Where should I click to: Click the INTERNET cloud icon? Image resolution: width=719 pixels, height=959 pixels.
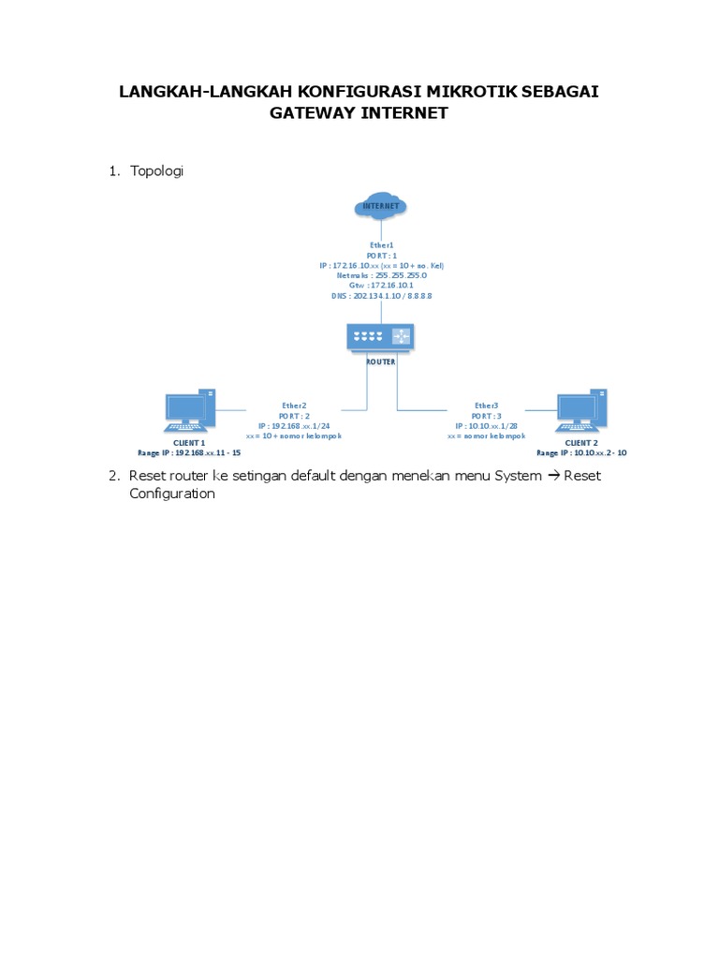point(381,206)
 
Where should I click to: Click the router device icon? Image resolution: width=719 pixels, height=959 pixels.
point(381,337)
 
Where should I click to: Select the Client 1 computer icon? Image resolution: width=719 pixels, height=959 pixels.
point(191,411)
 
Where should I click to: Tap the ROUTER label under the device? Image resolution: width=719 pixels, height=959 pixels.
point(381,360)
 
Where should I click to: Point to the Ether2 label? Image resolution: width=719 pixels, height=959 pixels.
point(293,406)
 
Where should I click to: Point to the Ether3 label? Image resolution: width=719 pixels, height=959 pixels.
point(486,406)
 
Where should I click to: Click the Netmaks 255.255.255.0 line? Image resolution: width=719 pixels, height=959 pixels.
point(381,275)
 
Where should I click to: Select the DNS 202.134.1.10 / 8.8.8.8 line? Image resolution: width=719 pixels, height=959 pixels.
point(381,295)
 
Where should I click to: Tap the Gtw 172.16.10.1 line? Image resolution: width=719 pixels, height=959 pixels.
point(381,286)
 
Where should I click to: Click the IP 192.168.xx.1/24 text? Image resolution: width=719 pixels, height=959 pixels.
point(293,425)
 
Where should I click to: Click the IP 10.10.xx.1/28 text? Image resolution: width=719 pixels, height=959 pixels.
point(486,425)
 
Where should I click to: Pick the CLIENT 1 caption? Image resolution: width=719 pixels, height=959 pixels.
point(189,441)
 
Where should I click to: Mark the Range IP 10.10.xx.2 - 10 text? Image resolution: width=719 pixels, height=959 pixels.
point(581,451)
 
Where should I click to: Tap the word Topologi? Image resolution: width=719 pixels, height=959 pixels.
point(157,170)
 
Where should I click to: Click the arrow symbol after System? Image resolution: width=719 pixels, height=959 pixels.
point(552,476)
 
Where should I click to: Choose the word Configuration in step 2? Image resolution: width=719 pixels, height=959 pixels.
point(172,494)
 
